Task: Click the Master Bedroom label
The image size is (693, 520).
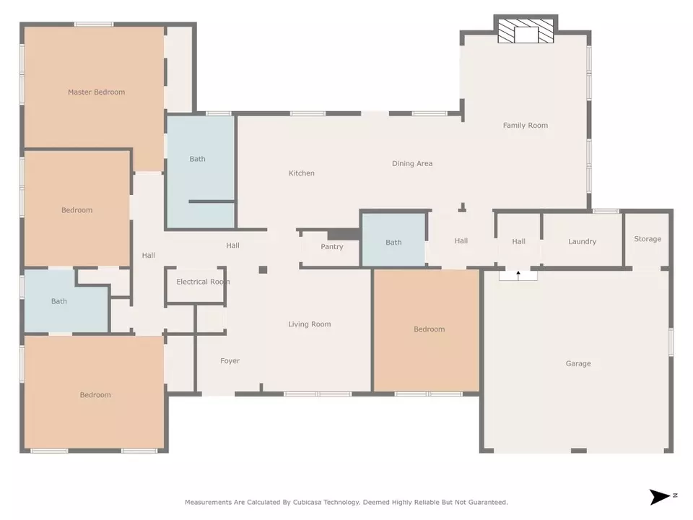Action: click(96, 92)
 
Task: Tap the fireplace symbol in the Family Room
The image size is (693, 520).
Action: click(526, 30)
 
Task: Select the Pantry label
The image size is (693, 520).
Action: click(332, 247)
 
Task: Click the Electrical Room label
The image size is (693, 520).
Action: click(203, 282)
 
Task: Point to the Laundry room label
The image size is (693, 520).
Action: click(582, 241)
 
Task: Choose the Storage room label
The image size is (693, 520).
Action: click(648, 239)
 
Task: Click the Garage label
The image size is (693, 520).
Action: click(578, 363)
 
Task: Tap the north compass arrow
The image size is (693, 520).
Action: click(661, 497)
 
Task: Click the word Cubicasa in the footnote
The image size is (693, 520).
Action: click(307, 503)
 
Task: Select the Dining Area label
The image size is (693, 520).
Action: click(412, 164)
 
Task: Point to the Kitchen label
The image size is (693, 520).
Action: click(302, 173)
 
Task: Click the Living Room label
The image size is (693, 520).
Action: click(310, 324)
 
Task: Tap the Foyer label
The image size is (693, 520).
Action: click(230, 361)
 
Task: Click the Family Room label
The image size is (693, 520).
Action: click(525, 126)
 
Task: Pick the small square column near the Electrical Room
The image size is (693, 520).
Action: click(263, 269)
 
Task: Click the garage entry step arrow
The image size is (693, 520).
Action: click(518, 275)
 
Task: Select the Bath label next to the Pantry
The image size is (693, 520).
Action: click(393, 243)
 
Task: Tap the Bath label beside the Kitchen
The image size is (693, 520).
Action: click(197, 159)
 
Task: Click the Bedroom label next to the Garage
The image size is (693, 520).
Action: click(429, 329)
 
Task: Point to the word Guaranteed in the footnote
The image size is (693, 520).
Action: click(489, 503)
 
